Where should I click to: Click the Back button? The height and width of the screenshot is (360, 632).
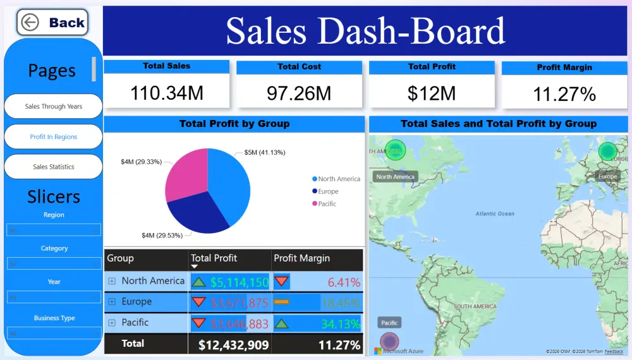[52, 23]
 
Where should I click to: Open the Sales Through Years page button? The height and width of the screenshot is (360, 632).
[53, 107]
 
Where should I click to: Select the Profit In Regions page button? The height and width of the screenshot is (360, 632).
[53, 137]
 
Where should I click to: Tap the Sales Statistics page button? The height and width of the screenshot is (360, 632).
[53, 167]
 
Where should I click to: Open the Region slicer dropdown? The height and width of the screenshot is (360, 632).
[54, 230]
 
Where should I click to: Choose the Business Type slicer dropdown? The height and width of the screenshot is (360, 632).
[54, 333]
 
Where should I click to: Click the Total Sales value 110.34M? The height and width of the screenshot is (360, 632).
[167, 93]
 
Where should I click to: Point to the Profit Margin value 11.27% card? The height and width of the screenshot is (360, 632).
[564, 94]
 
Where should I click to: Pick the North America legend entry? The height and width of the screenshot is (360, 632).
[339, 179]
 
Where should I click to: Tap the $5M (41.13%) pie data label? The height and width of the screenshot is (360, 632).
[265, 153]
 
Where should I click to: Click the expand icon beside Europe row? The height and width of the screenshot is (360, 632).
[112, 302]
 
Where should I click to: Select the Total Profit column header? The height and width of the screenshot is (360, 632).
[214, 258]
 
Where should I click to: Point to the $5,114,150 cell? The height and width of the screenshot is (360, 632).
[240, 282]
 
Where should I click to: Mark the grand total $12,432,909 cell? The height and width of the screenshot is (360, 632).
[233, 345]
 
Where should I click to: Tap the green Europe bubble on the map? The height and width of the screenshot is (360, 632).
[607, 151]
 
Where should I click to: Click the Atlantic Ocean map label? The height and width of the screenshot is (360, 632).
[495, 213]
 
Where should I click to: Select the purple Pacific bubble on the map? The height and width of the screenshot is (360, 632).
[389, 342]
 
